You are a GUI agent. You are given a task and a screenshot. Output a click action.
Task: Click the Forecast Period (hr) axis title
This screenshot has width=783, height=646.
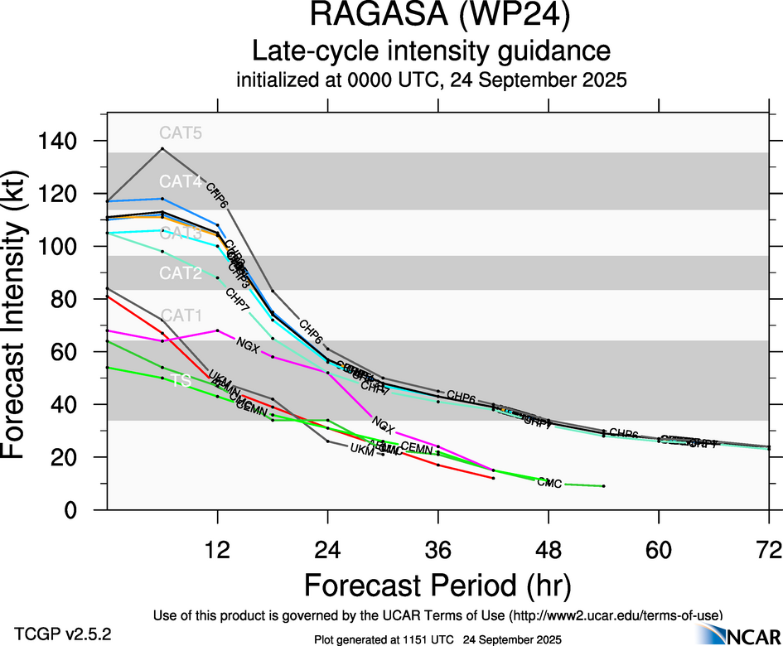(437, 585)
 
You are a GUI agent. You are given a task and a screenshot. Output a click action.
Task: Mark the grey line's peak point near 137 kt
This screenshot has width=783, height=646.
(162, 149)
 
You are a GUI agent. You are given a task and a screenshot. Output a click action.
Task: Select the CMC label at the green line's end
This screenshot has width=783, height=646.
(549, 483)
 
